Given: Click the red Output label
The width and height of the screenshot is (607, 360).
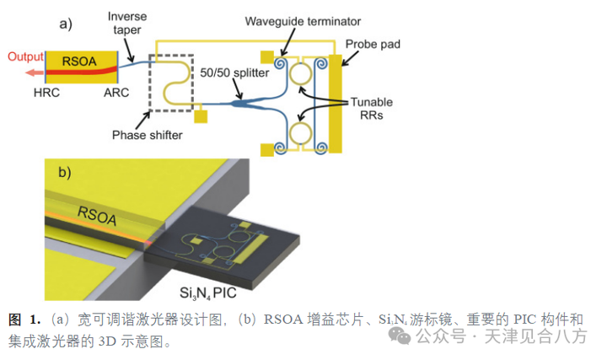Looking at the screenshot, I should pyautogui.click(x=26, y=57).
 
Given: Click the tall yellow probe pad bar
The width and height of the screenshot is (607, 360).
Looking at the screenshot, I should pyautogui.click(x=336, y=104).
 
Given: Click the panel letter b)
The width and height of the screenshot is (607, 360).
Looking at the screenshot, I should pyautogui.click(x=63, y=173).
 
